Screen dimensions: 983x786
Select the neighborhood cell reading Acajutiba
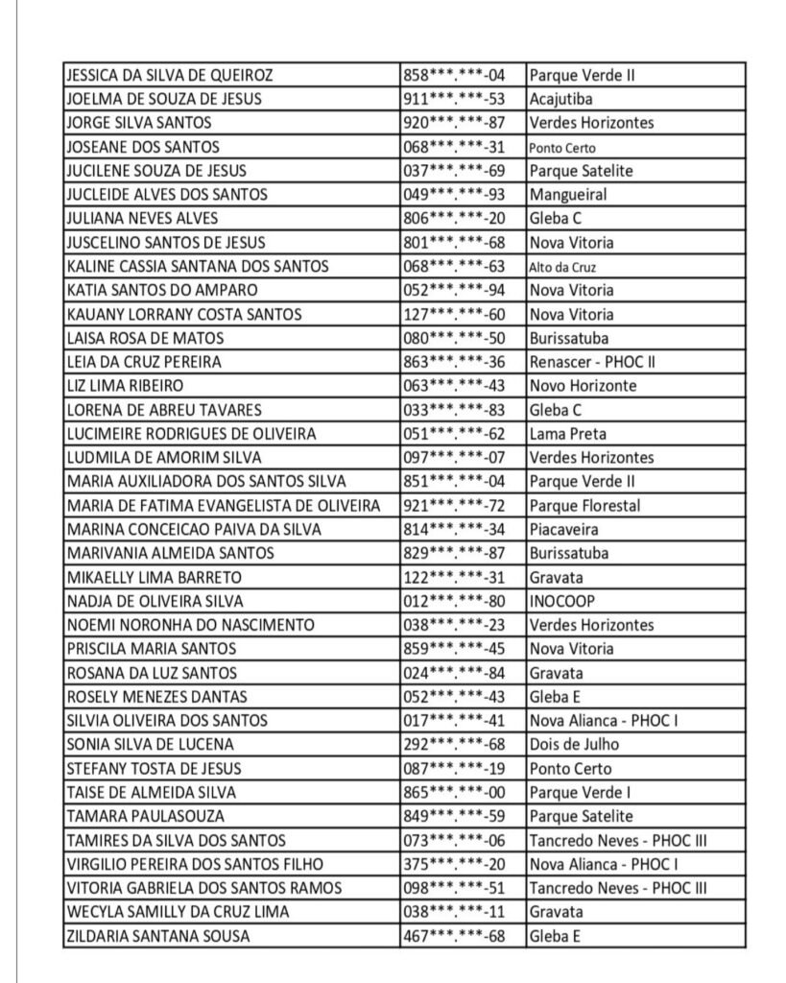[560, 99]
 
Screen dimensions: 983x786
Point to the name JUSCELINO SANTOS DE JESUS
[166, 243]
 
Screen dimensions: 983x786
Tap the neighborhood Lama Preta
[567, 434]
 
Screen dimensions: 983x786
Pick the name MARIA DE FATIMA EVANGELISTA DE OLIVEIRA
[224, 505]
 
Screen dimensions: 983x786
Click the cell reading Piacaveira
[563, 529]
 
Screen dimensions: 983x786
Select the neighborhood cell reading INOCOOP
[561, 601]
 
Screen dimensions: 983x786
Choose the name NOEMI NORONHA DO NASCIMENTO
[190, 625]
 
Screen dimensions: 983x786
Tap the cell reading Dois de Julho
[574, 744]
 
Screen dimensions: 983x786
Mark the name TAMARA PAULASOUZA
[146, 816]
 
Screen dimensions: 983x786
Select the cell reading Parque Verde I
[580, 792]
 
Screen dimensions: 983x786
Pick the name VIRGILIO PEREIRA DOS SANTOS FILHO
[195, 864]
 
